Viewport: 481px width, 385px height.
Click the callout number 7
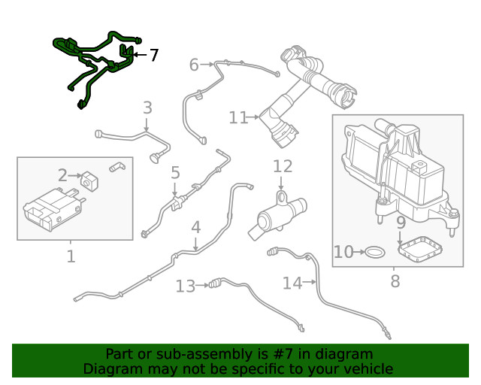point(153,55)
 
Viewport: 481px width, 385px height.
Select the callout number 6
point(194,65)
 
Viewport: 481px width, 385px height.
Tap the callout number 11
point(238,117)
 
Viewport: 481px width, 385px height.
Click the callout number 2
point(63,175)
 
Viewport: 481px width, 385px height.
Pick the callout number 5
point(175,174)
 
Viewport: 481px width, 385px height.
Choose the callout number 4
point(195,226)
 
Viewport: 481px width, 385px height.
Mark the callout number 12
point(282,166)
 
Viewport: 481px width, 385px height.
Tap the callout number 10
point(343,252)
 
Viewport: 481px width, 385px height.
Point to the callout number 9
point(401,223)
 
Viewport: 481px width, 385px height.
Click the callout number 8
point(395,282)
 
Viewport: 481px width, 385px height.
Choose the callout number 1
point(71,256)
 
